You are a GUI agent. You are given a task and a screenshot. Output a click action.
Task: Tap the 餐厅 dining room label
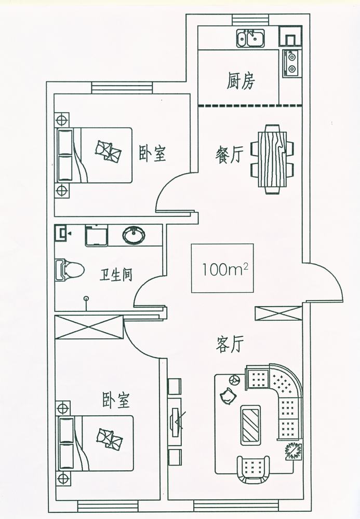[229, 155]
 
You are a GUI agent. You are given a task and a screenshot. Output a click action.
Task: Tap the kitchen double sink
[250, 37]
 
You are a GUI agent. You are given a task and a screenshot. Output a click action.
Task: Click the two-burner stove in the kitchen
[291, 62]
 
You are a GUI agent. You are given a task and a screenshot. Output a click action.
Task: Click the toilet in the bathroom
[70, 269]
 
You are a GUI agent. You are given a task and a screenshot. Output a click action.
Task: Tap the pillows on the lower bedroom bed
[109, 439]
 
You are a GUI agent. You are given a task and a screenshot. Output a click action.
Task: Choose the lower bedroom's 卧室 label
[116, 400]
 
